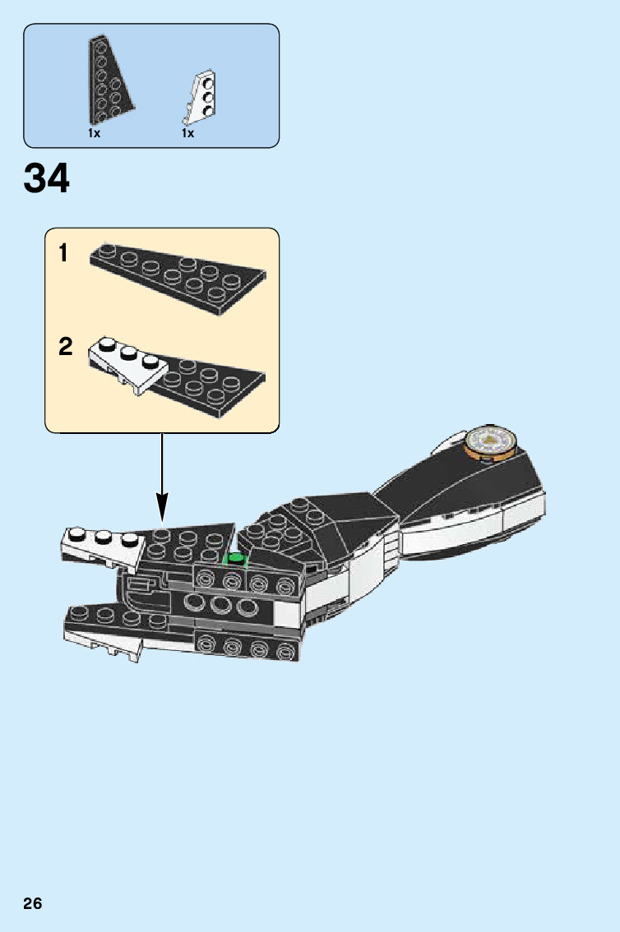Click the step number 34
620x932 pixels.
click(x=47, y=178)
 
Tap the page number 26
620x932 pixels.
click(x=32, y=904)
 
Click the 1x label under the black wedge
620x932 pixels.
click(x=95, y=133)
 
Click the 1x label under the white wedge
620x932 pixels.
click(x=188, y=133)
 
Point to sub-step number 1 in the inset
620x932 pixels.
click(x=64, y=254)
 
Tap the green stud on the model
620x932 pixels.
click(x=237, y=559)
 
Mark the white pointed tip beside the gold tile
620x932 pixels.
click(x=449, y=441)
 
